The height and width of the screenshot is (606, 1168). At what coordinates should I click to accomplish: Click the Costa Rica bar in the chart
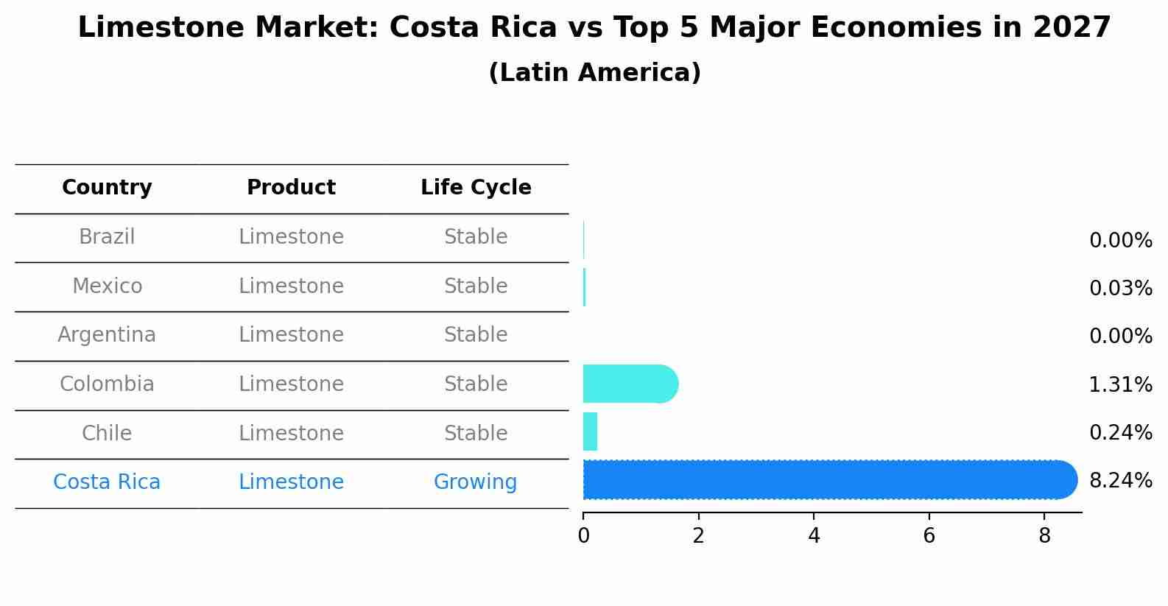[828, 480]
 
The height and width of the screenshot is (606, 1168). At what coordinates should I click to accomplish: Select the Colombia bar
[630, 384]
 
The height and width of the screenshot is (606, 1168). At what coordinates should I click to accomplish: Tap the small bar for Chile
[590, 431]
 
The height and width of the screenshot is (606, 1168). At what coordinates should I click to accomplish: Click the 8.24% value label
[1120, 481]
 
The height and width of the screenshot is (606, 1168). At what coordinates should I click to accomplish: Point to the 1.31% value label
[1120, 384]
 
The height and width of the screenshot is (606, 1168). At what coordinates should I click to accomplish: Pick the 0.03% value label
[1120, 288]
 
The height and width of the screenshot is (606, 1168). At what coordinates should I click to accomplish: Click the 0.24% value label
[1120, 432]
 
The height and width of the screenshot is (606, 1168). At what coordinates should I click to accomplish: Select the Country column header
[107, 188]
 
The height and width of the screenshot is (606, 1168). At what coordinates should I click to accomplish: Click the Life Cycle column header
[476, 188]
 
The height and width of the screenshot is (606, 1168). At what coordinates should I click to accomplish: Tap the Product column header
[291, 188]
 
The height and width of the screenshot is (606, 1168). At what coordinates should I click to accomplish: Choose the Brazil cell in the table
[107, 237]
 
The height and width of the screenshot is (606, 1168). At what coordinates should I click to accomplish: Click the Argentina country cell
[107, 335]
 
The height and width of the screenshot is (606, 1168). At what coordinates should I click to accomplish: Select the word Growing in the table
[475, 482]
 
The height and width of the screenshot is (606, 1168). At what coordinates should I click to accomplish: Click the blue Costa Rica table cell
[107, 482]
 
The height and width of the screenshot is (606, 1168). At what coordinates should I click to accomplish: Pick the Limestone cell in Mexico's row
[291, 286]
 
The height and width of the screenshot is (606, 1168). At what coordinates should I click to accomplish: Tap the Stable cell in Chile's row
[476, 434]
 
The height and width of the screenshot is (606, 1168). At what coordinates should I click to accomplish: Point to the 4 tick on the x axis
[814, 536]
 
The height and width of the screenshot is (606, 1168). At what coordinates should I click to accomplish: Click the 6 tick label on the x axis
[929, 536]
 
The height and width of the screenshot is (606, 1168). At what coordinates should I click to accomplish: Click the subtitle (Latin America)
[594, 73]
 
